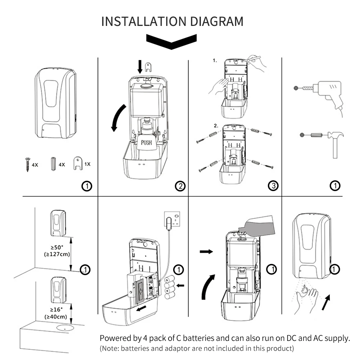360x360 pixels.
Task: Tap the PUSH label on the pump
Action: (x=146, y=143)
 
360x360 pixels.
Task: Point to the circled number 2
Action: (x=180, y=186)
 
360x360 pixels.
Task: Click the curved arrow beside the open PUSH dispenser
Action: (x=118, y=118)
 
